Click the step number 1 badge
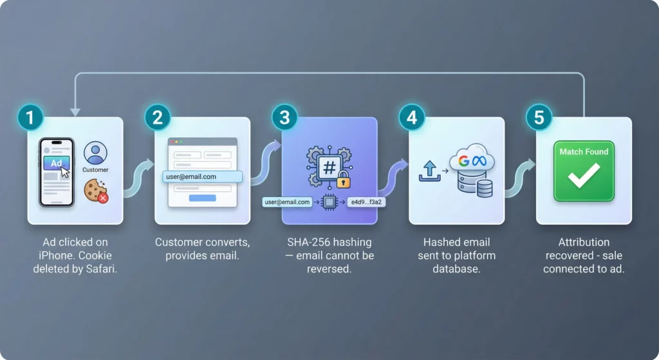point(30,118)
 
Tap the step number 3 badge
point(284,118)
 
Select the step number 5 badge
point(539,118)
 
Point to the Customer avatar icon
point(95,153)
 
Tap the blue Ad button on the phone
point(57,164)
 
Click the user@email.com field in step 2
point(202,176)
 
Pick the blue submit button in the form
point(202,198)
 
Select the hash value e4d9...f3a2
point(366,202)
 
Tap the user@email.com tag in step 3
point(288,202)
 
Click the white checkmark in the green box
point(584,176)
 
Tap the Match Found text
point(584,152)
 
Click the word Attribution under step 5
point(584,242)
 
